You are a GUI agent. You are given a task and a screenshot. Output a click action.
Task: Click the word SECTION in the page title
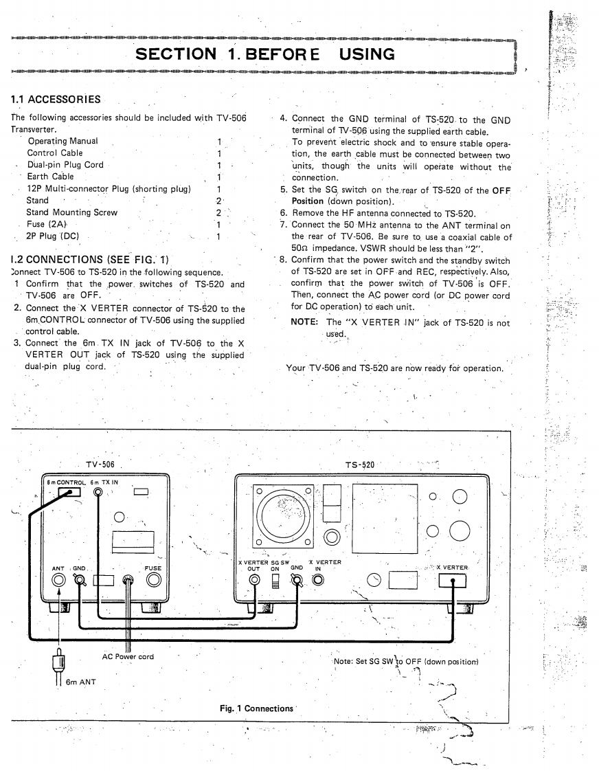point(175,54)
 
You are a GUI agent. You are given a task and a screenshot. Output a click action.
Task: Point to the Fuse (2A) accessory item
point(47,224)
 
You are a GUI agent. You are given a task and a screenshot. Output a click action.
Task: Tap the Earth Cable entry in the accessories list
point(49,177)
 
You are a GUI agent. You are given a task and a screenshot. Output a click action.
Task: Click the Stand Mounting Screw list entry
point(72,212)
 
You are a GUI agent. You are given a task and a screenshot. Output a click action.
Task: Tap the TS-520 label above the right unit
point(360,465)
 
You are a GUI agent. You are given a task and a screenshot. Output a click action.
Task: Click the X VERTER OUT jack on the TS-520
point(255,581)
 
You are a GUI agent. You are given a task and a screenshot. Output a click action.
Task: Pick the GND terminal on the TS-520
point(297,581)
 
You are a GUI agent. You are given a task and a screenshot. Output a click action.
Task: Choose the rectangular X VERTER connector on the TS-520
point(451,581)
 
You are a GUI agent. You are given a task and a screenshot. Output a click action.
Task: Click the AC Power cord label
point(128,657)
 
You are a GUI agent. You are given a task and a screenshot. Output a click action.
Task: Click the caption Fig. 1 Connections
point(256,708)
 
